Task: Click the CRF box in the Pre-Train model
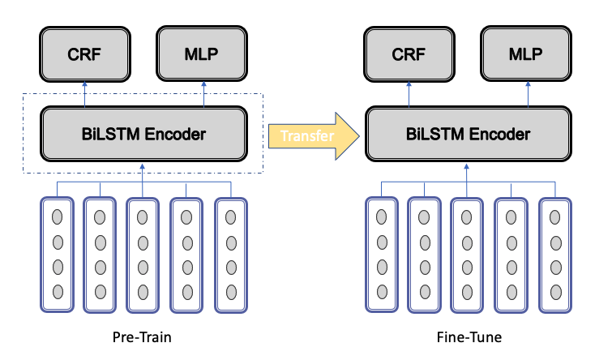tap(84, 54)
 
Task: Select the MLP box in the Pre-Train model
tap(202, 54)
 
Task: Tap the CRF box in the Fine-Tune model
tap(409, 54)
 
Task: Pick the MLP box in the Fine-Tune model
tap(526, 54)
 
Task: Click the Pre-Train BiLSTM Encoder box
tap(143, 134)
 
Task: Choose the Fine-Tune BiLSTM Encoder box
tap(469, 134)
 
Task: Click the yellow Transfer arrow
tap(314, 136)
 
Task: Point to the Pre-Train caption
tap(142, 337)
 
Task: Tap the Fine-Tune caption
tap(469, 337)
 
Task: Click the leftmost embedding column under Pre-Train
tap(57, 255)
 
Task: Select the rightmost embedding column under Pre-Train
tap(231, 255)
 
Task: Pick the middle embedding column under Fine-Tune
tap(467, 255)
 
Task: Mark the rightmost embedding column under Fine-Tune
tap(555, 255)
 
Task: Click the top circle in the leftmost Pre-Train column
tap(58, 216)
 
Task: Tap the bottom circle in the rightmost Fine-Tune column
tap(556, 292)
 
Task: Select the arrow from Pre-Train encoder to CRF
tap(84, 94)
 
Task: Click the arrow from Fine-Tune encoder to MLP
tap(528, 94)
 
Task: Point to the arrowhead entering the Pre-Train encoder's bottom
tap(142, 166)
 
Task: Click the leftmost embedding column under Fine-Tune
tap(382, 255)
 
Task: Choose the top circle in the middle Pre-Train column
tap(143, 217)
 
